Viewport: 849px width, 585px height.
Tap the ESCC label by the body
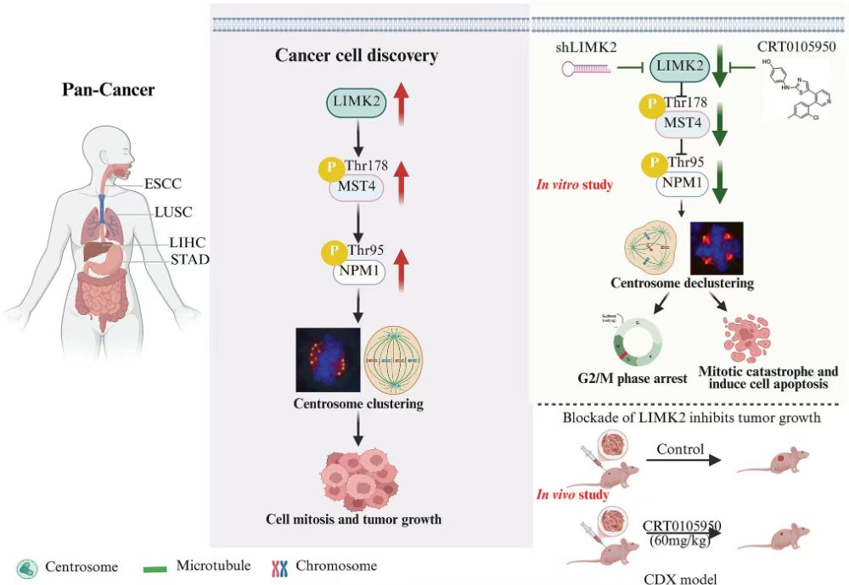162,183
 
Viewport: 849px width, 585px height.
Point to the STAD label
188,259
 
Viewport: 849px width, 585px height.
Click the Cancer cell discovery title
357,56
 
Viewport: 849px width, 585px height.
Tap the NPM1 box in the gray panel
358,272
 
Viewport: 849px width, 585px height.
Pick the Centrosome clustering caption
358,403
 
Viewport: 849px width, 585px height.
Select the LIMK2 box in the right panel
677,65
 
